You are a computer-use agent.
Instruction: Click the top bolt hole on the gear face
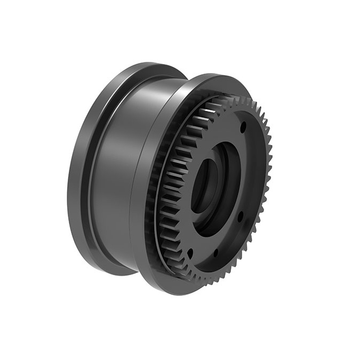point(243,127)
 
